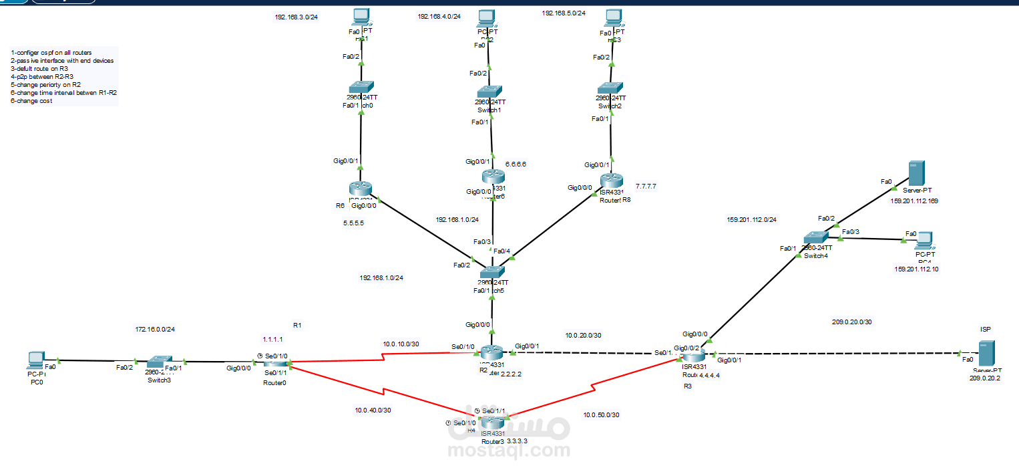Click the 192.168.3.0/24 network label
pos(296,17)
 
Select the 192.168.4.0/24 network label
pos(439,16)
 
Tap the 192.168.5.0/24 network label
pos(564,13)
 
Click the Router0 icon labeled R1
pos(274,363)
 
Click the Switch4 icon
pos(816,238)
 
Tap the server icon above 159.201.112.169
pos(915,174)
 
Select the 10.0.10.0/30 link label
pos(401,344)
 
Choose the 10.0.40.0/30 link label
pos(373,410)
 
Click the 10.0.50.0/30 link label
pos(601,415)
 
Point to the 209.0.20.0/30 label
pos(851,322)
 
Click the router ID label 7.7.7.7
pos(646,186)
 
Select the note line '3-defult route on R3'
pos(39,68)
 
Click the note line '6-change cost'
pos(31,101)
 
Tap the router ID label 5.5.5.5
pos(353,223)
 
